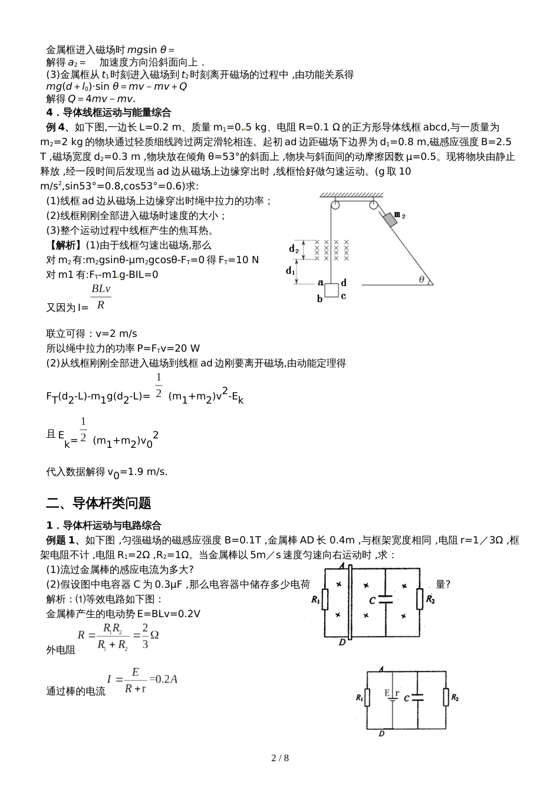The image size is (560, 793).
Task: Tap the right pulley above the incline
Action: [x=374, y=206]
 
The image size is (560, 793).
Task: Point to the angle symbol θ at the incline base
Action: [x=422, y=279]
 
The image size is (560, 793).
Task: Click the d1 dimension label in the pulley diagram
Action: [x=290, y=271]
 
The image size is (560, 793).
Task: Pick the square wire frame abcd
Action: [x=331, y=291]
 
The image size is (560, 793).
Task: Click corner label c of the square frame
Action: [x=343, y=296]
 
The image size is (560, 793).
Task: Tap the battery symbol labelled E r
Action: [x=393, y=696]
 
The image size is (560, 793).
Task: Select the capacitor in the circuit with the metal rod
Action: [x=386, y=599]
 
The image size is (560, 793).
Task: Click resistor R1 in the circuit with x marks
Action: [x=325, y=600]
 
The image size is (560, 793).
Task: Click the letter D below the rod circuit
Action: [x=342, y=643]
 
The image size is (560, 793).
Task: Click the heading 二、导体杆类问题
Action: [x=98, y=503]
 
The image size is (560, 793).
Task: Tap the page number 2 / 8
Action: [x=280, y=758]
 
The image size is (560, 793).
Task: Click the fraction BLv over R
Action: [x=101, y=297]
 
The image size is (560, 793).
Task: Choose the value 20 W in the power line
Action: [x=188, y=348]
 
